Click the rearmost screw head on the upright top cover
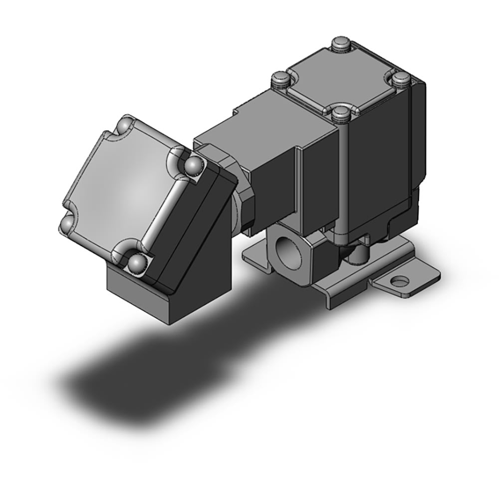point(341,42)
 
